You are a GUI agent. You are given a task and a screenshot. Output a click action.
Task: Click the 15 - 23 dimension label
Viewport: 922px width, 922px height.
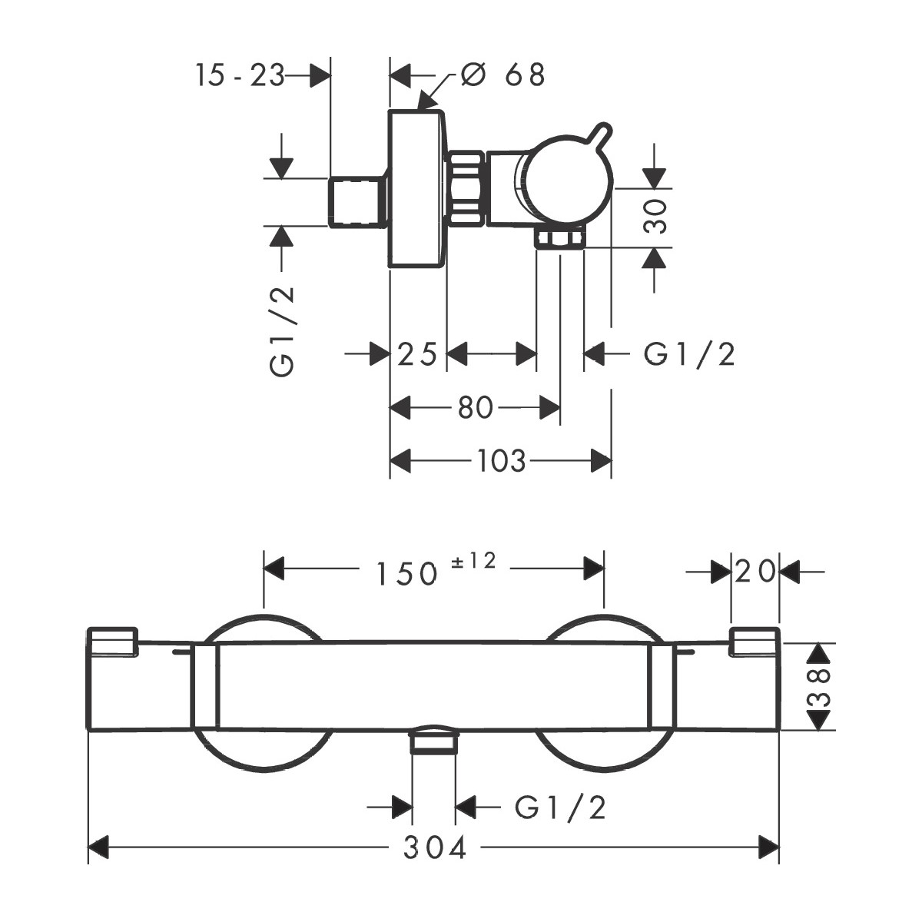[240, 75]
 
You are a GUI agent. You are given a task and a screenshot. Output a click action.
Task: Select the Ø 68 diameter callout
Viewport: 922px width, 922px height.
[503, 75]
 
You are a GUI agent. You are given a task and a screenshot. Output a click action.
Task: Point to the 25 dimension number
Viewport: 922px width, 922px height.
[418, 354]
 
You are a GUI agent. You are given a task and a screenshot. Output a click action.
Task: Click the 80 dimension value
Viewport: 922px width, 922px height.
[476, 408]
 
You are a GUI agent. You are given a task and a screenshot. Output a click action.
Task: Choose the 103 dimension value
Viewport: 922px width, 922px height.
[501, 461]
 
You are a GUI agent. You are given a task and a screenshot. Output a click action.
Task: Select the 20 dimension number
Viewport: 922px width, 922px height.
[755, 572]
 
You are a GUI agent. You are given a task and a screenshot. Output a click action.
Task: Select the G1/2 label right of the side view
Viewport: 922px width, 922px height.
[689, 354]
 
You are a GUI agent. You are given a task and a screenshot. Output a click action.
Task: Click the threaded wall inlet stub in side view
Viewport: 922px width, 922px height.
[357, 201]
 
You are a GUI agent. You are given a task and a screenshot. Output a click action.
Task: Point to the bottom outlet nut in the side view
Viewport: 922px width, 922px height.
[560, 239]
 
